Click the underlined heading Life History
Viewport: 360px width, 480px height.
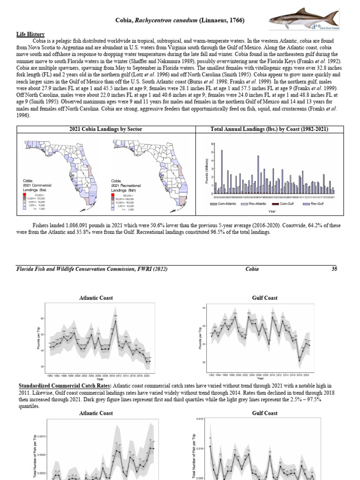pos(30,34)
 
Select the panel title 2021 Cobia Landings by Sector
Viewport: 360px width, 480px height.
pos(105,129)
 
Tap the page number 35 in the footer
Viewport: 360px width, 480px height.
pos(334,269)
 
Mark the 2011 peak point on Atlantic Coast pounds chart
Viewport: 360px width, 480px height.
pos(115,321)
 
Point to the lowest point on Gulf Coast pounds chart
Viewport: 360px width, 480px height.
pos(300,360)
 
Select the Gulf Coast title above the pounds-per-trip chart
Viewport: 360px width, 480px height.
pos(265,298)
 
